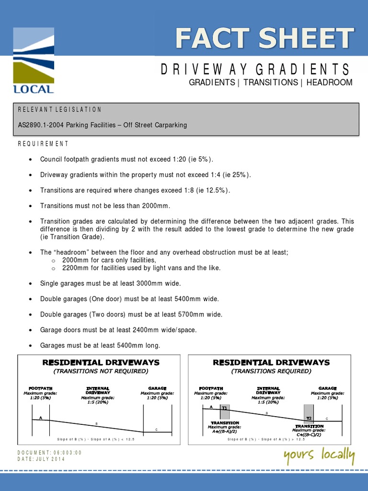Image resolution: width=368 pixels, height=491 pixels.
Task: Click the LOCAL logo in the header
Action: coord(34,60)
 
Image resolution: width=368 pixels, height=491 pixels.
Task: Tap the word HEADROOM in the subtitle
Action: coord(329,82)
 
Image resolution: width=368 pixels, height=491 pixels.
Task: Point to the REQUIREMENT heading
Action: coord(43,143)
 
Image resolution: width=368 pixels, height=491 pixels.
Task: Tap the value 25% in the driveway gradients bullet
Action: coord(239,175)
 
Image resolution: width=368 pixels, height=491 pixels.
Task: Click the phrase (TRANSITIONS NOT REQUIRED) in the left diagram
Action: coord(101,371)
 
